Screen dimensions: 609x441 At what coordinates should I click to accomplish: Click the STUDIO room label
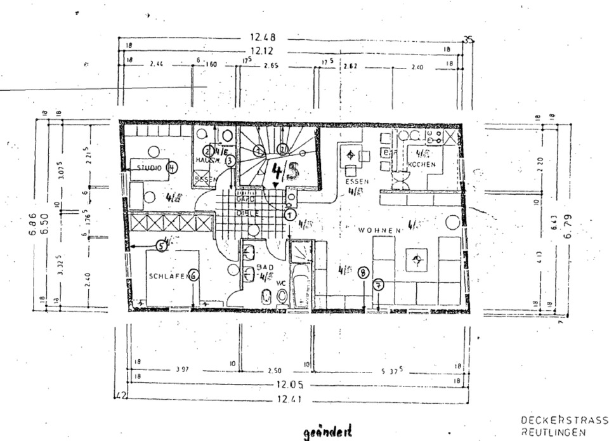pos(148,168)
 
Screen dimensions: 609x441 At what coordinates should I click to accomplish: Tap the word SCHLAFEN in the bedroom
pos(168,276)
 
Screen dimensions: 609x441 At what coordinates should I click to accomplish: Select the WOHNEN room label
pos(379,230)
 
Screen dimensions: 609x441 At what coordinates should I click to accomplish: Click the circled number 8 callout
pos(362,273)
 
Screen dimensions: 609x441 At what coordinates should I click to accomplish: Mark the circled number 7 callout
pos(378,284)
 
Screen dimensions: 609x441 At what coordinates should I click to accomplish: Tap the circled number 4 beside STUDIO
pos(171,168)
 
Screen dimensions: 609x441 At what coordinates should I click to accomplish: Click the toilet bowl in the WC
pos(266,295)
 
